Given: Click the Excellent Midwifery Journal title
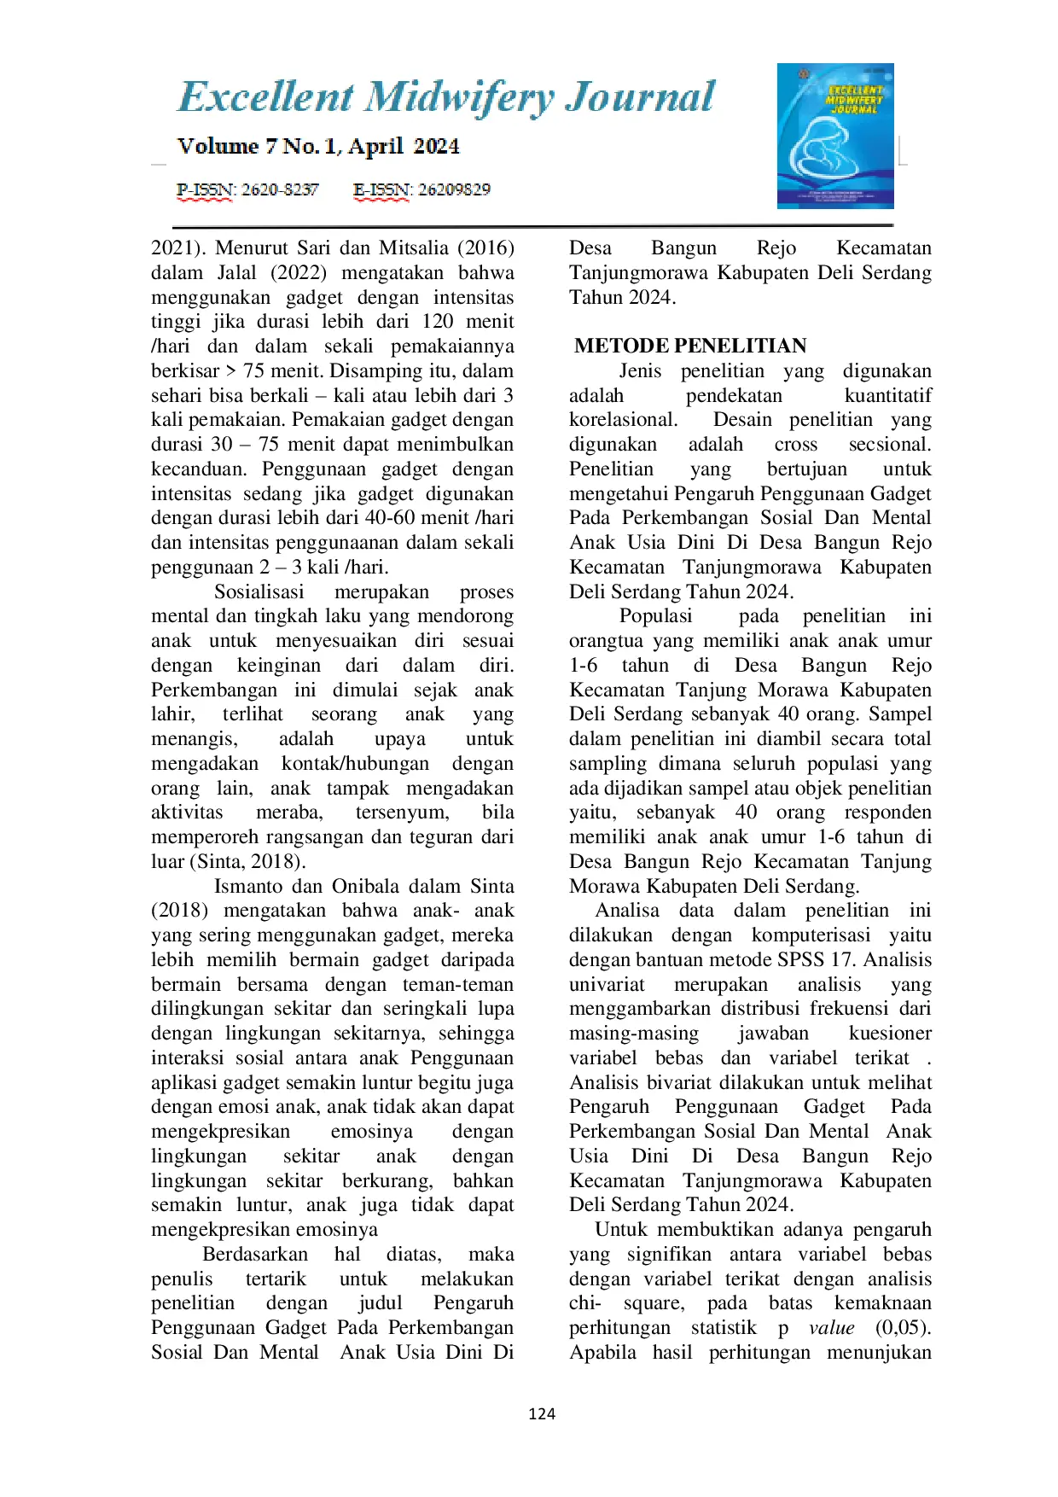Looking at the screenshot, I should point(445,97).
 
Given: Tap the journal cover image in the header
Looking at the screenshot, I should point(834,136).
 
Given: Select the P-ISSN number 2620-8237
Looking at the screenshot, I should point(279,189).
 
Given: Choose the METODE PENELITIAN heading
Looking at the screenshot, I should point(689,346).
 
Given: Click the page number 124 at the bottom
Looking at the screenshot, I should point(542,1414).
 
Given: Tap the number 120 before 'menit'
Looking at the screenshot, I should point(438,322).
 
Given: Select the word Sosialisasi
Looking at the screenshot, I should point(259,592).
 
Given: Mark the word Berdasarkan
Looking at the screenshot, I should point(255,1255).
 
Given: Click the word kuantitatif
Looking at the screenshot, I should point(887,396).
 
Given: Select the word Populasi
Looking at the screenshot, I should point(655,616).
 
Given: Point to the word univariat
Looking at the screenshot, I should point(607,985).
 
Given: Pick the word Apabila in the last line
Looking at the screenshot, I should point(602,1353).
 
